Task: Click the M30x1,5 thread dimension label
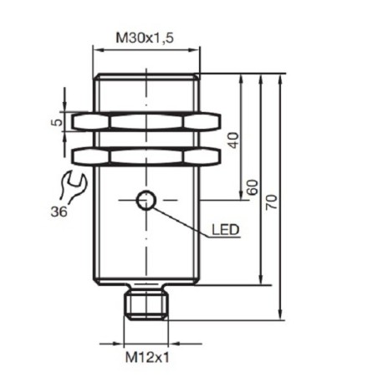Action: pos(145,37)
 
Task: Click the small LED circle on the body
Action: pos(146,200)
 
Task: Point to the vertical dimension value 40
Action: pos(233,139)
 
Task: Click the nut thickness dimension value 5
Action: pos(56,122)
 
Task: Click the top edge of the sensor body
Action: pos(145,76)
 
